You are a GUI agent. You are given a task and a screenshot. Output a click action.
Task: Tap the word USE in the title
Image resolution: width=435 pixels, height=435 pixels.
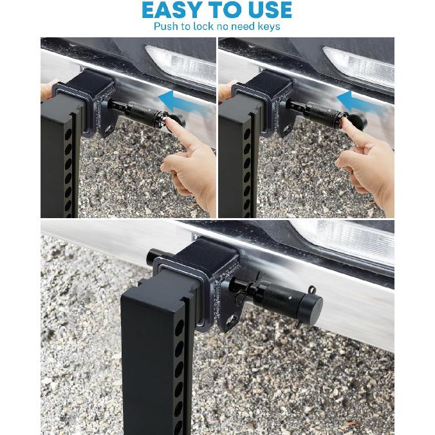(x=264, y=10)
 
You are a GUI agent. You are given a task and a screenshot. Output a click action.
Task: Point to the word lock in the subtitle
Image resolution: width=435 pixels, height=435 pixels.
(x=202, y=26)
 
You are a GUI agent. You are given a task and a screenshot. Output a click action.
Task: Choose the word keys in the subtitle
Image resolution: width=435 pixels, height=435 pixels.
(x=268, y=27)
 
